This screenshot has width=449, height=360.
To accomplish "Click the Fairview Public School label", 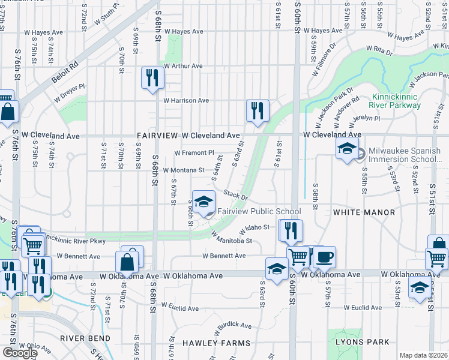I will point(259,211).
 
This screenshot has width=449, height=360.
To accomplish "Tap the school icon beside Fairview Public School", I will point(203,201).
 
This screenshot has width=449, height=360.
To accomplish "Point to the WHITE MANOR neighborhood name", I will point(364,212).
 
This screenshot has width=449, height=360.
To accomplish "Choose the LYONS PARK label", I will point(363,342).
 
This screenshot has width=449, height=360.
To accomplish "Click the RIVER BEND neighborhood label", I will point(85,338).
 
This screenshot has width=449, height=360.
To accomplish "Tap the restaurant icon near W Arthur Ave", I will point(152,77).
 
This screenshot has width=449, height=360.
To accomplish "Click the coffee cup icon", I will point(324,257).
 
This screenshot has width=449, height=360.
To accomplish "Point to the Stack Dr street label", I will point(236,196).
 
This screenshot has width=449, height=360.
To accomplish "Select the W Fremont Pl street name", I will point(194,153).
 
